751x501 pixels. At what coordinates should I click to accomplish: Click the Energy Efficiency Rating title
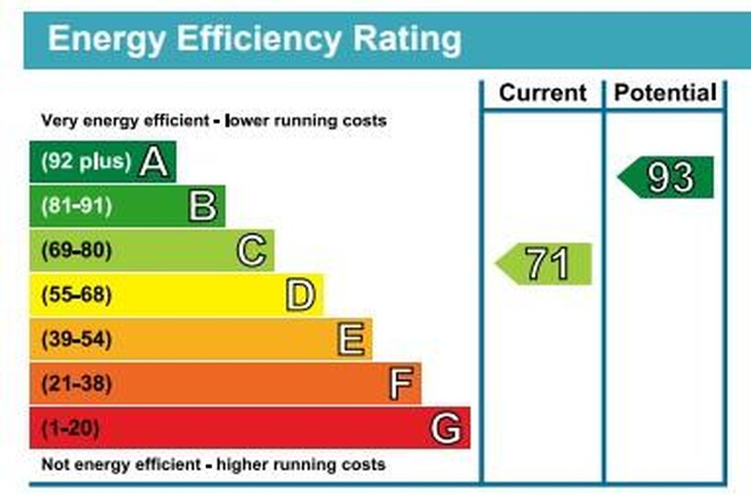click(x=255, y=38)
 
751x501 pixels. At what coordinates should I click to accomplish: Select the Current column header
click(x=542, y=93)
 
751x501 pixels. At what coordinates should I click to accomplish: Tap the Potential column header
click(x=666, y=93)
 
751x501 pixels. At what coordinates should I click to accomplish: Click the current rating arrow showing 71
click(x=545, y=264)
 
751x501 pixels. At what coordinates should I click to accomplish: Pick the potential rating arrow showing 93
click(x=668, y=178)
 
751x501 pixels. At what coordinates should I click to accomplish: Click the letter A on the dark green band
click(x=154, y=162)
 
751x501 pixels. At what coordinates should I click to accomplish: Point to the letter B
click(x=203, y=206)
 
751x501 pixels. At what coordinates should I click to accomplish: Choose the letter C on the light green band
click(x=252, y=250)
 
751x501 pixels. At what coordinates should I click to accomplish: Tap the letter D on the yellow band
click(x=300, y=295)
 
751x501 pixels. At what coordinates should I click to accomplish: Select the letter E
click(x=351, y=340)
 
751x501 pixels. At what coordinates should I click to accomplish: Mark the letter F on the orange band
click(x=400, y=384)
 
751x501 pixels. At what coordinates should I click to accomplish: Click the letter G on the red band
click(x=446, y=428)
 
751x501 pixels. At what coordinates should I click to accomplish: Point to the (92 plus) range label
click(x=85, y=162)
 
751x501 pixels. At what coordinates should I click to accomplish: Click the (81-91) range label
click(x=75, y=206)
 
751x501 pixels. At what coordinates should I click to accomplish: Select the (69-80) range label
click(x=75, y=250)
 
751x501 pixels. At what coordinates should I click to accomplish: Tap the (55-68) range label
click(x=75, y=295)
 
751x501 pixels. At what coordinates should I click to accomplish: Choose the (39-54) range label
click(x=75, y=340)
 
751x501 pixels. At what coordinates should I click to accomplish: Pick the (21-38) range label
click(x=75, y=384)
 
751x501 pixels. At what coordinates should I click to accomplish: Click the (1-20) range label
click(x=70, y=428)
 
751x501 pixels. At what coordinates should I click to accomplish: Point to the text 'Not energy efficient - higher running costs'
click(x=213, y=464)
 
